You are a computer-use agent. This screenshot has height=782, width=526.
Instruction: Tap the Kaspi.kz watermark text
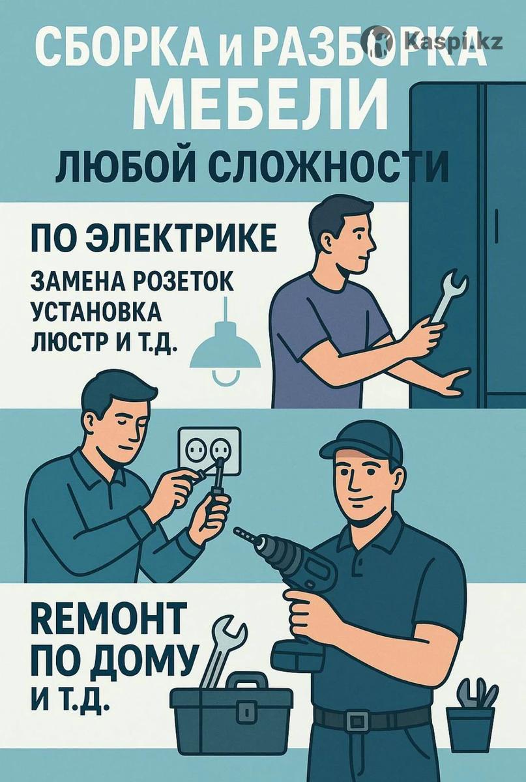[x=454, y=42]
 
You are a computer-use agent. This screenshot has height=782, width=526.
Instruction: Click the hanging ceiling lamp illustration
[x=225, y=343]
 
